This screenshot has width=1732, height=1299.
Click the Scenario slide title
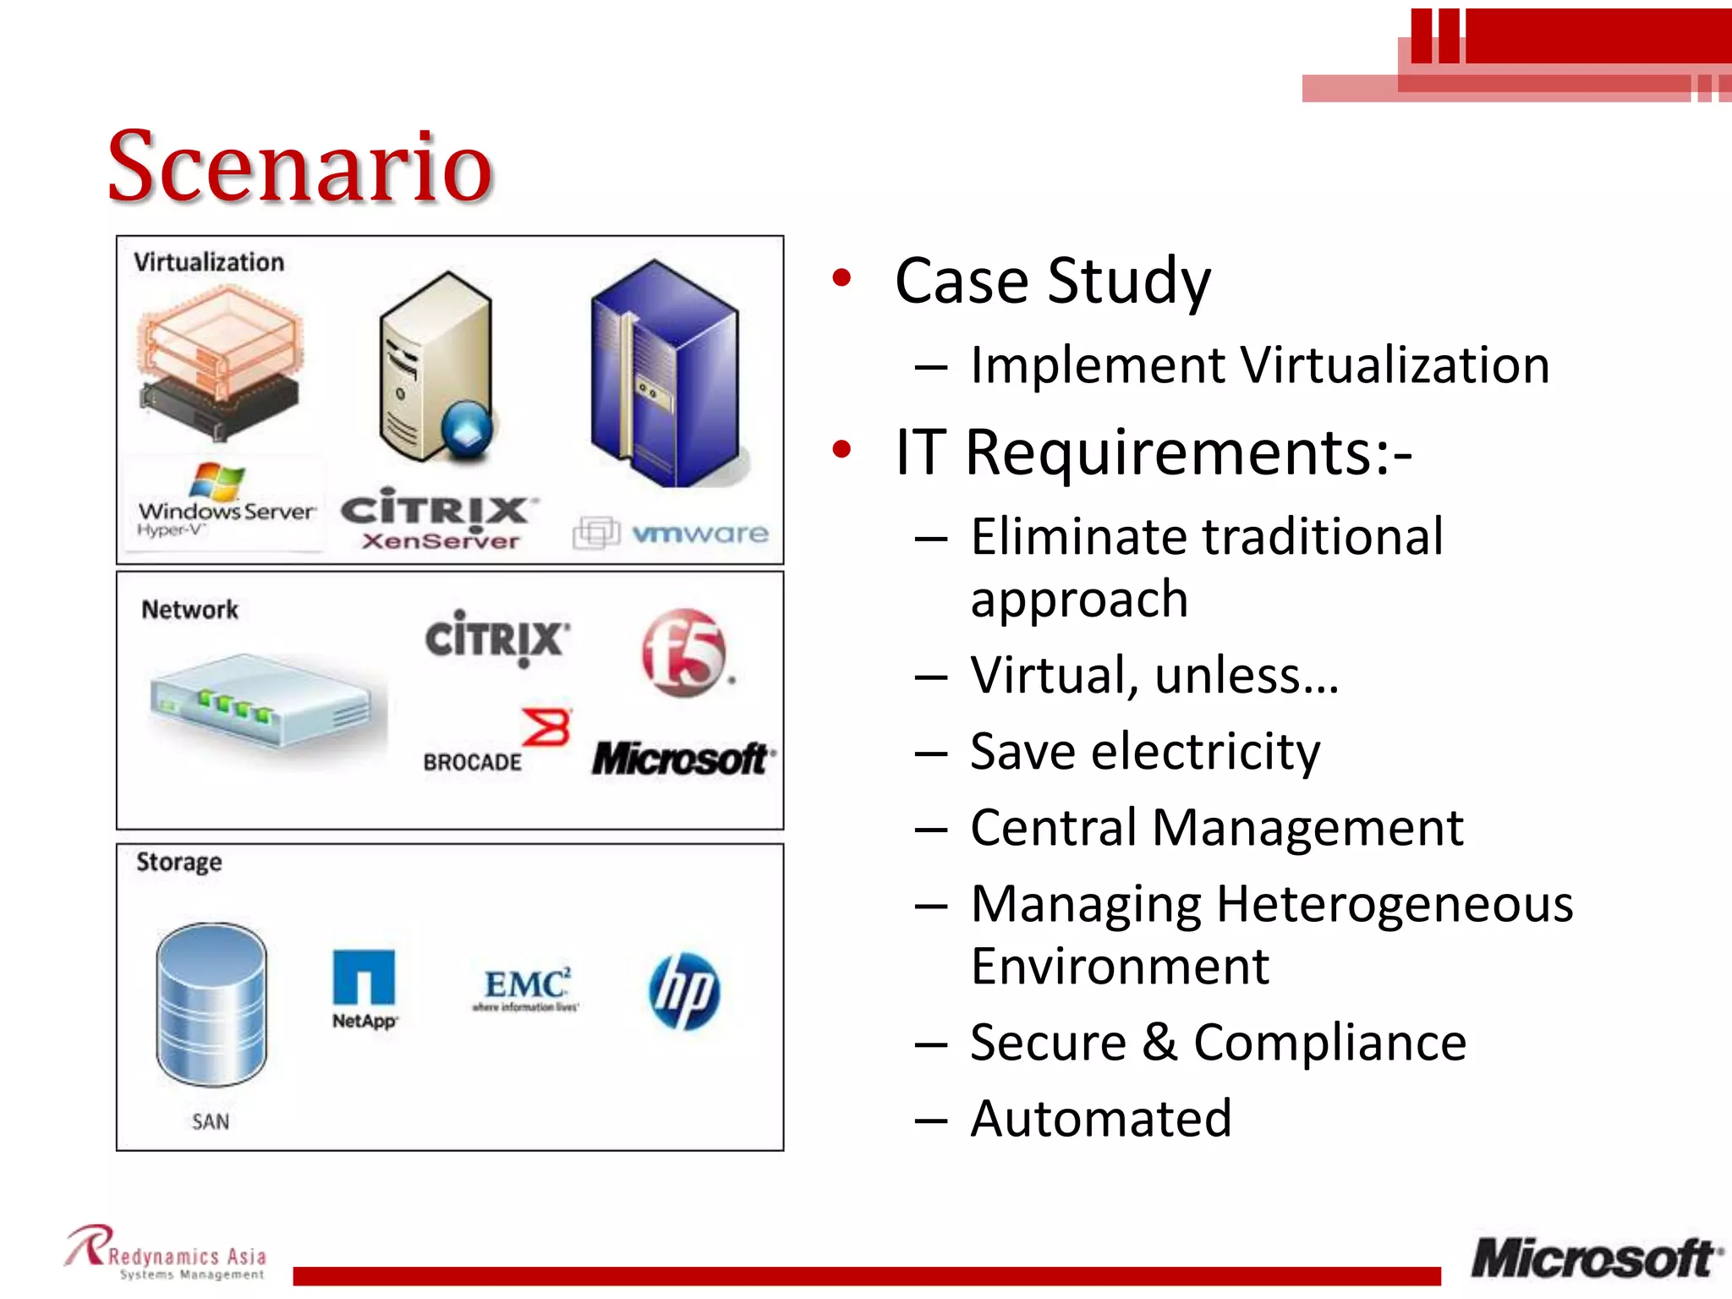pos(300,167)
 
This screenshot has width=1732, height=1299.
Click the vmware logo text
pos(699,534)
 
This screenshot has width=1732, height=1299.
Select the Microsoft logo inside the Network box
pos(682,759)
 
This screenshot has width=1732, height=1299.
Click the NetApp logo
pos(364,989)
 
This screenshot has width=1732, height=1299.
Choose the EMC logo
pos(526,989)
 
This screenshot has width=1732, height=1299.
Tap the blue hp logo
pos(684,991)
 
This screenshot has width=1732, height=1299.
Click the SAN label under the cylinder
pos(211,1121)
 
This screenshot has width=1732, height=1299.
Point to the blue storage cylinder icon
pos(211,1005)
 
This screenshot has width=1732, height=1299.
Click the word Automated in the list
pos(1100,1119)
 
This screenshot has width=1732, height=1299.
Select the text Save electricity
pos(1144,751)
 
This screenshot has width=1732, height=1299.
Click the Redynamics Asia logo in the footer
pos(167,1253)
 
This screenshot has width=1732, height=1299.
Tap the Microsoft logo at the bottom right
pos(1595,1258)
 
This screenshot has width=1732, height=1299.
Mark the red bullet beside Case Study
pos(841,278)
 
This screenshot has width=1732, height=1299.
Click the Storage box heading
pos(179,862)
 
